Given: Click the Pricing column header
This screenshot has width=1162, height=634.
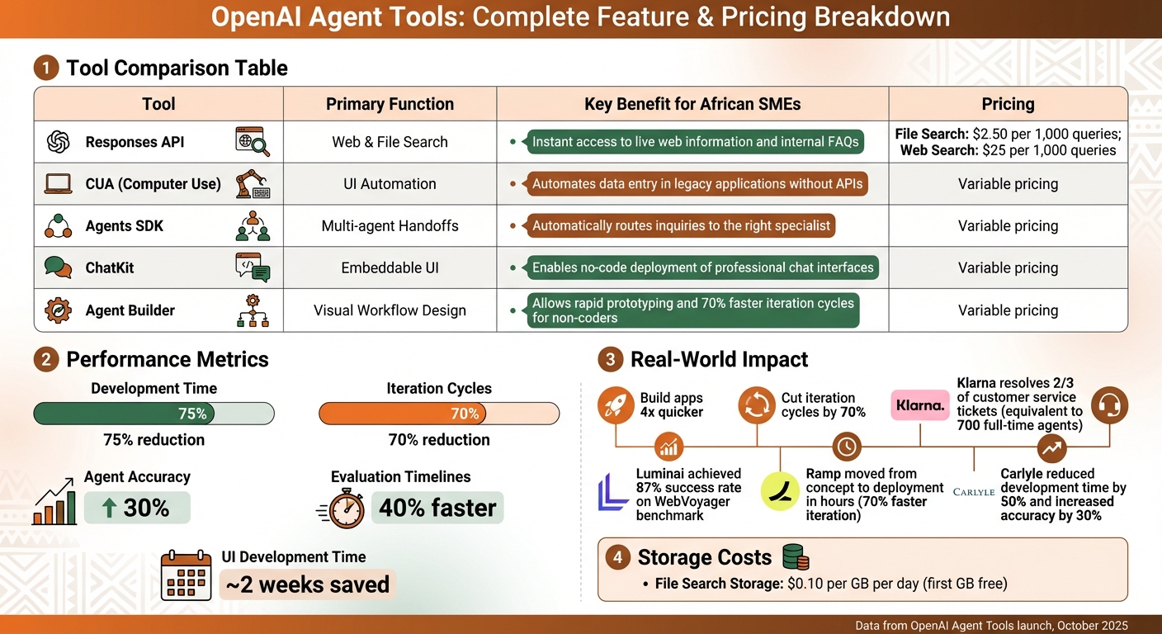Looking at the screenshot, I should [1008, 104].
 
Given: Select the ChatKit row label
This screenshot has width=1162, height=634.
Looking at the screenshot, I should [110, 267].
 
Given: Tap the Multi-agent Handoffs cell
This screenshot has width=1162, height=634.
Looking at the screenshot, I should [390, 225].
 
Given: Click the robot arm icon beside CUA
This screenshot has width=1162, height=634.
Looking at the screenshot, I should [253, 184].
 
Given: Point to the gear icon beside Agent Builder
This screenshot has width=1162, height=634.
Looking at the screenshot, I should [58, 310].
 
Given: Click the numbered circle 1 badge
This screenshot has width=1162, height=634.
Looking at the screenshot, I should [46, 68].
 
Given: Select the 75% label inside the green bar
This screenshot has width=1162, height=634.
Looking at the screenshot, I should [192, 414].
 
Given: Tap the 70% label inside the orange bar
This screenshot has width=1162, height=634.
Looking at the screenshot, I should [465, 414].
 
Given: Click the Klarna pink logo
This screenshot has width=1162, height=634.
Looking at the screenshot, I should [920, 405].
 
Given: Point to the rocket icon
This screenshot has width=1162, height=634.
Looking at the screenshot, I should [616, 405].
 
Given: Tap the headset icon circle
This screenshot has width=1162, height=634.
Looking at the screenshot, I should [1109, 405].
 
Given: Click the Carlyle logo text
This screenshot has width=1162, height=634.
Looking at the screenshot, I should [973, 492].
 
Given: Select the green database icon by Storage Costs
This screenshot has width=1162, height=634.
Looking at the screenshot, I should [795, 557].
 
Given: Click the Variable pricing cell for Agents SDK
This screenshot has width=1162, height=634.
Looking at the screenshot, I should [1008, 225].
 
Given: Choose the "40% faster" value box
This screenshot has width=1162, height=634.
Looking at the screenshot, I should [437, 509].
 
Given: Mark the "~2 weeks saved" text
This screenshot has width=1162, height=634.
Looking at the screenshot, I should [307, 584].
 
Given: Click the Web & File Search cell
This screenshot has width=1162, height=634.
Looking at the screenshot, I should [390, 142].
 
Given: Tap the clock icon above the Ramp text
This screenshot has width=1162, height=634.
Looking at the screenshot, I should [847, 447].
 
